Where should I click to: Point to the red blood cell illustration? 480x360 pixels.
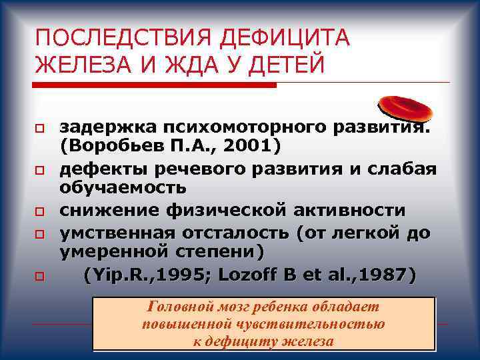tap(405, 107)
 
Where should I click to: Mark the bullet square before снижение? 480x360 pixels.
tap(41, 211)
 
